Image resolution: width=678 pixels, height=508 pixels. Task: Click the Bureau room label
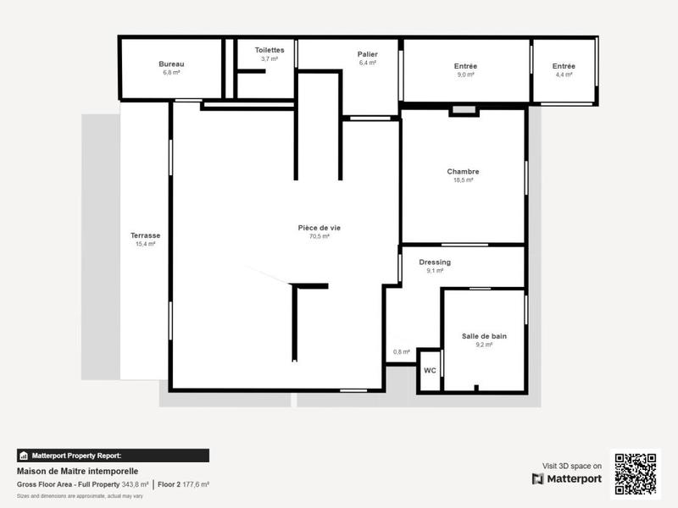[171, 64]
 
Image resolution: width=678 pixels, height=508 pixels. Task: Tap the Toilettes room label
[270, 50]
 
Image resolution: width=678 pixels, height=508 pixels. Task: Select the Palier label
[367, 54]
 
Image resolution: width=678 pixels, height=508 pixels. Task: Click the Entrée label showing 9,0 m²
[465, 66]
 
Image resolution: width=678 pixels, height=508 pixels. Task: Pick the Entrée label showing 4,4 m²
[564, 66]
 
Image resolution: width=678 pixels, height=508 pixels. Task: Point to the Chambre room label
[463, 172]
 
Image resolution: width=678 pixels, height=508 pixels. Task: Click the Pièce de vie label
[320, 228]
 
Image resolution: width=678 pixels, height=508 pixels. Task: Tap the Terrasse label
[145, 235]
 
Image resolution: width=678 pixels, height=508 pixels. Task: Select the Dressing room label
[435, 262]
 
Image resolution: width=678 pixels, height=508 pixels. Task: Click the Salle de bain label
[484, 336]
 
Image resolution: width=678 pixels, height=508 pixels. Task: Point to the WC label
[430, 371]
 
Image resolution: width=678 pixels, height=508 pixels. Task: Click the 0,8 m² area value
[401, 352]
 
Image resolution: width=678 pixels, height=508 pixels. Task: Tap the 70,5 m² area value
[320, 237]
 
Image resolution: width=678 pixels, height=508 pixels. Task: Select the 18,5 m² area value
[463, 180]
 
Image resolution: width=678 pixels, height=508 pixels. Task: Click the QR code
[635, 474]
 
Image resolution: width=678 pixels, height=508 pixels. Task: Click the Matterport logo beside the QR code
[568, 479]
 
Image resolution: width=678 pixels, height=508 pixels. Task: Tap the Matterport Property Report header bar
[113, 456]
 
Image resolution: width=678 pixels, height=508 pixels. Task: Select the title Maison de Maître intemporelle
[77, 472]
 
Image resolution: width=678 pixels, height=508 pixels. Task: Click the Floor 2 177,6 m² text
[184, 484]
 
